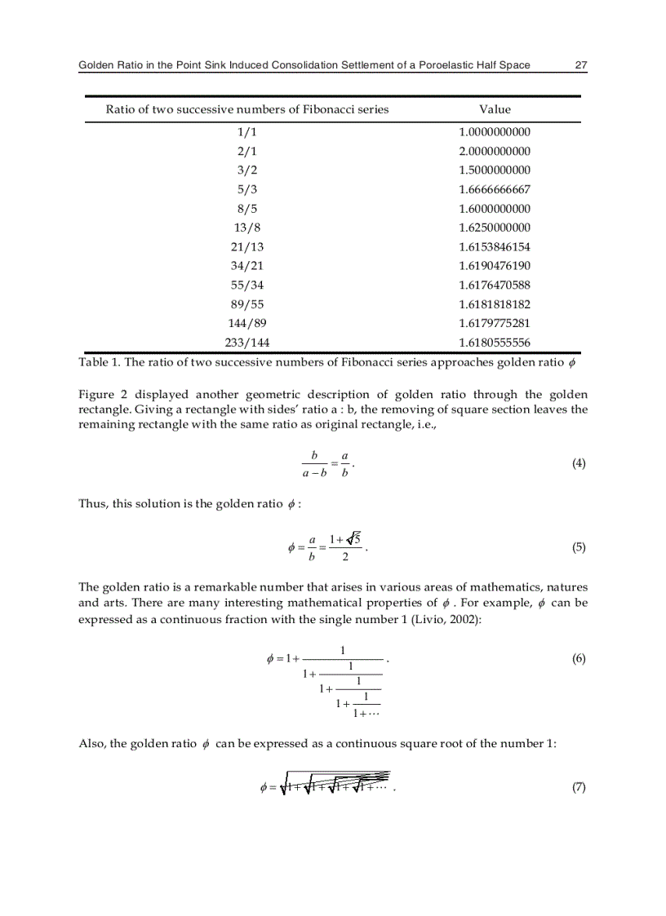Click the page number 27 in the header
(x=581, y=65)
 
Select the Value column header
(x=495, y=109)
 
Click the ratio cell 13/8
(x=247, y=228)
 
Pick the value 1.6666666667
(x=495, y=189)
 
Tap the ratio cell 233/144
(x=247, y=343)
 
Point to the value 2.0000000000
(x=495, y=151)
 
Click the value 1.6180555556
(x=495, y=343)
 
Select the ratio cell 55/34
(x=247, y=285)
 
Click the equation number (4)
(x=579, y=463)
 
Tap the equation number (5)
(x=579, y=547)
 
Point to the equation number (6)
(x=579, y=659)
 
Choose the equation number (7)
(x=579, y=787)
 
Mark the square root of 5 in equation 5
(x=353, y=538)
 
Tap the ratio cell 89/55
(x=247, y=304)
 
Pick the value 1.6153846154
(x=495, y=246)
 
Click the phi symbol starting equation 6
(x=271, y=659)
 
